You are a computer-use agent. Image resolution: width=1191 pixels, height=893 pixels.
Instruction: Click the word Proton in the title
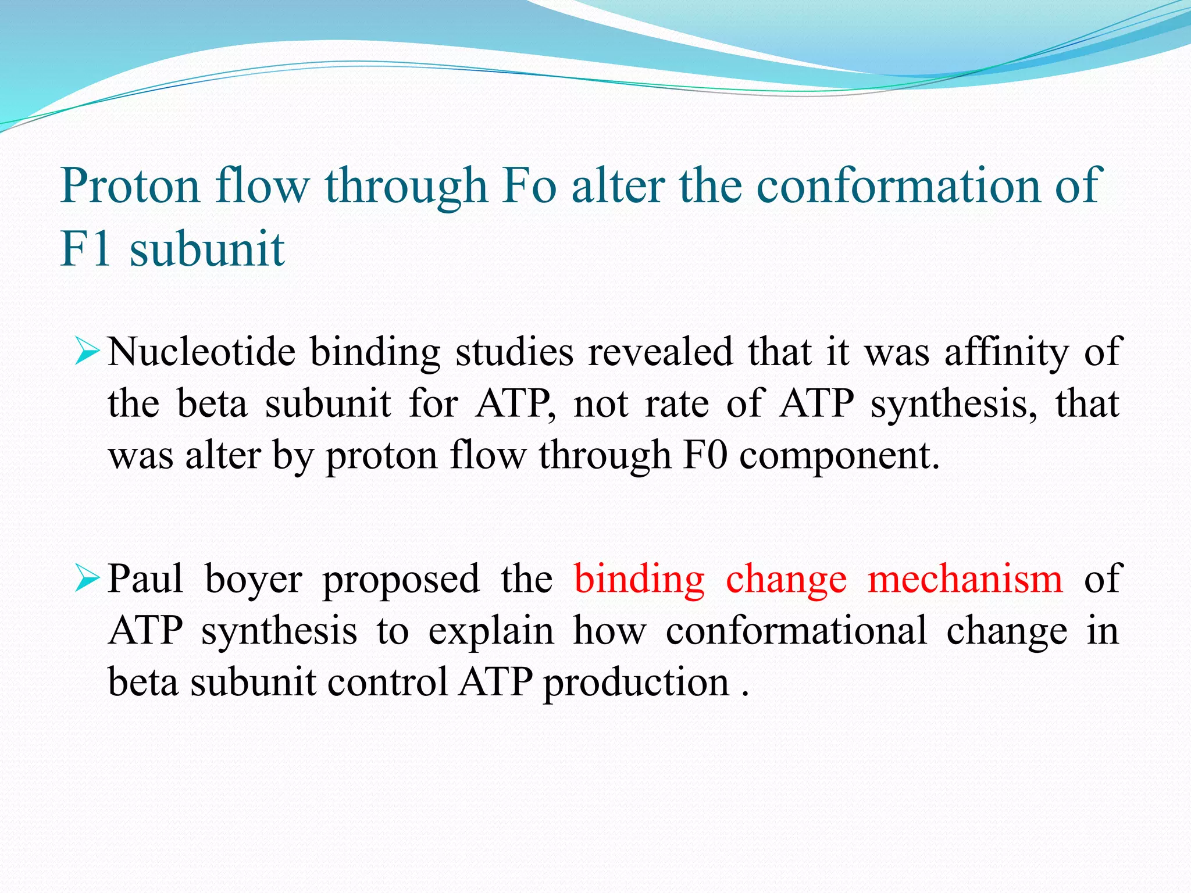point(130,186)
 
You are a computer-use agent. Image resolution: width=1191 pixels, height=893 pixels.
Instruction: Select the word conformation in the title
point(899,186)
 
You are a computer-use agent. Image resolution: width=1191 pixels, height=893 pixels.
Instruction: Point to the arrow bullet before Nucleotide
point(87,352)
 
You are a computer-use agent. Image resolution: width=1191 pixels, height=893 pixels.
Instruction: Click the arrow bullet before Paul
point(87,579)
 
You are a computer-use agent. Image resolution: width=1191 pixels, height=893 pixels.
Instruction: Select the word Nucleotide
point(201,352)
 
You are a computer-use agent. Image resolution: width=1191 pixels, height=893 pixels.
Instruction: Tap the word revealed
point(661,352)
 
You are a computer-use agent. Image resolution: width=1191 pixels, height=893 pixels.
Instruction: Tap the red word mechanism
point(965,579)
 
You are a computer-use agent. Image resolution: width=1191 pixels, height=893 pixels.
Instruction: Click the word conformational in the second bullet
point(796,631)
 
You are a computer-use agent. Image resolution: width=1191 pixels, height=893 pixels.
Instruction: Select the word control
point(387,681)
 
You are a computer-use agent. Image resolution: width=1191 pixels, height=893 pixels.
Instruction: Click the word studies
point(515,352)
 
